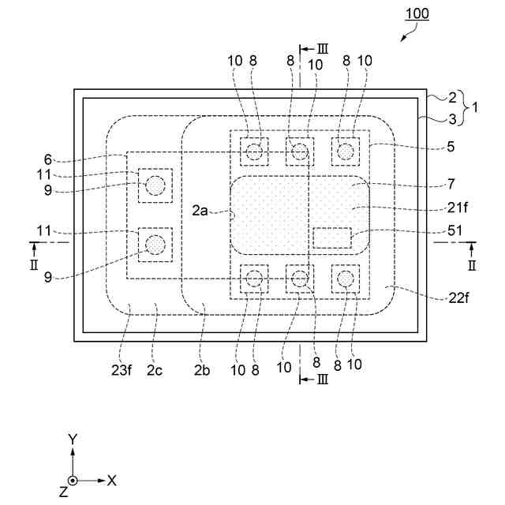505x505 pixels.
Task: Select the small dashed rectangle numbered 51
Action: pyautogui.click(x=332, y=238)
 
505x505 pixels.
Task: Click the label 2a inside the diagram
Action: pyautogui.click(x=201, y=211)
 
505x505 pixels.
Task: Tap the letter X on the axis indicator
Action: pyautogui.click(x=112, y=479)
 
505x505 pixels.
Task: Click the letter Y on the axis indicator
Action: pyautogui.click(x=73, y=438)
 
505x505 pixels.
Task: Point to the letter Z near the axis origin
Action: pyautogui.click(x=62, y=491)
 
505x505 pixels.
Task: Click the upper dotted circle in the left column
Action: pyautogui.click(x=155, y=185)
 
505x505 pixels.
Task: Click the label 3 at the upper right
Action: pyautogui.click(x=451, y=119)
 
